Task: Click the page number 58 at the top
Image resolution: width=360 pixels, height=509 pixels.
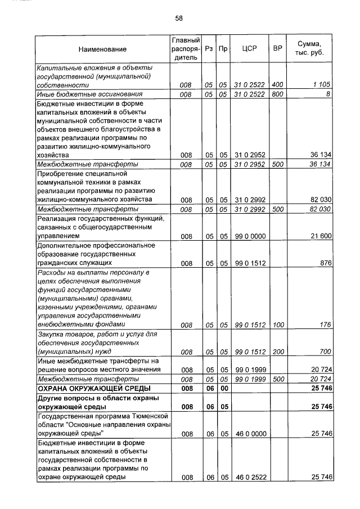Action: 179,18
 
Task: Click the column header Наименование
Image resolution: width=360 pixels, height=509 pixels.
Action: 102,49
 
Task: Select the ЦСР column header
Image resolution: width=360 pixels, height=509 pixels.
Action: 249,49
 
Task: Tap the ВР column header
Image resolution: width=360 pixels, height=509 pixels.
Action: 277,49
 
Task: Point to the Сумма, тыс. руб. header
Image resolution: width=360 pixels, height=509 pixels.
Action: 312,49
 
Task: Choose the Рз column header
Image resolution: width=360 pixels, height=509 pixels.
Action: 209,49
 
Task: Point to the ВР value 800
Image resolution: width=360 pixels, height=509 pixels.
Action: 277,94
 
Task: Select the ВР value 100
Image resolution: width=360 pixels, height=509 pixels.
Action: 277,325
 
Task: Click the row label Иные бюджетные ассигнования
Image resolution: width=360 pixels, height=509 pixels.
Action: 89,94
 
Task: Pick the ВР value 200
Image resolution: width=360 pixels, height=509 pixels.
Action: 277,352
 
